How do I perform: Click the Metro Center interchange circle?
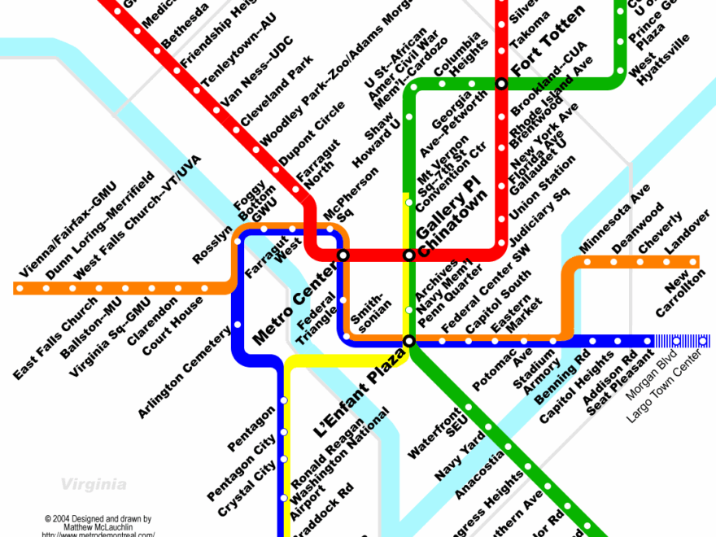(343, 255)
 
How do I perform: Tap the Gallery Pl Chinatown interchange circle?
(410, 255)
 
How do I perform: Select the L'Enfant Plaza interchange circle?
(409, 341)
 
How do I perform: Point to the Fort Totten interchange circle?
(502, 84)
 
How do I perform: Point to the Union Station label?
(544, 186)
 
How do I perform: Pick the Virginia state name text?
(94, 485)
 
